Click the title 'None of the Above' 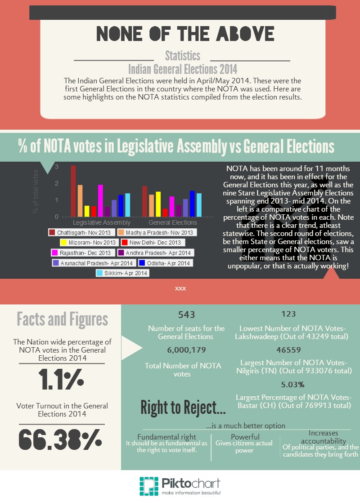[x=185, y=34]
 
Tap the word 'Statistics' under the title [x=182, y=56]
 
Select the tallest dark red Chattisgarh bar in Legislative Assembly [x=73, y=191]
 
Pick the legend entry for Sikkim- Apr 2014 [x=123, y=273]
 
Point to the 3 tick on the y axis [x=57, y=167]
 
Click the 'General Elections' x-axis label [x=172, y=222]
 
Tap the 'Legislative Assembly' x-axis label [x=102, y=222]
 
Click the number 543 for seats [x=186, y=315]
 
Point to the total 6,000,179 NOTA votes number [x=183, y=350]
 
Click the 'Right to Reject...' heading [x=183, y=408]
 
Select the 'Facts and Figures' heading [x=62, y=319]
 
